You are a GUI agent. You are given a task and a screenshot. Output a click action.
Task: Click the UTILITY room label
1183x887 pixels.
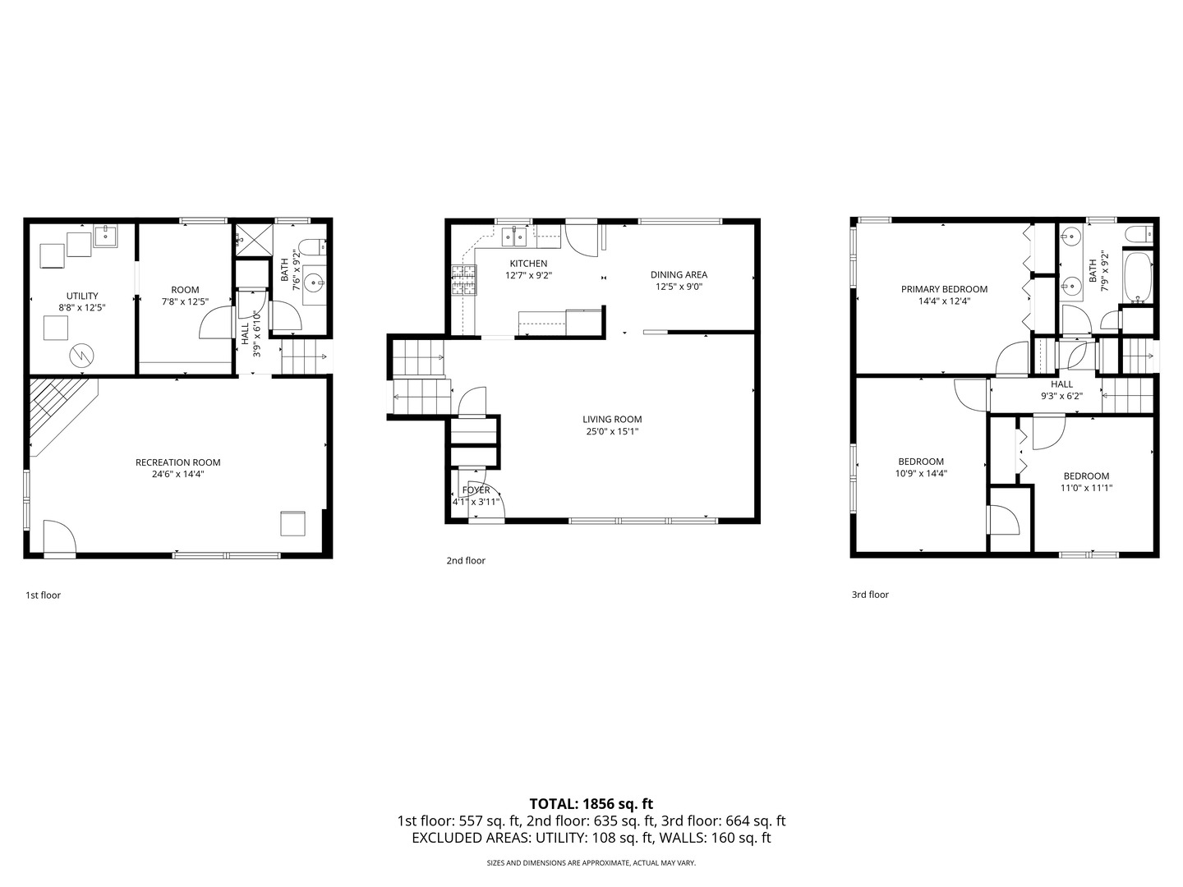click(82, 296)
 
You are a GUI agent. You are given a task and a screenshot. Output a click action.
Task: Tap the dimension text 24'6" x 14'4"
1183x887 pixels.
click(177, 474)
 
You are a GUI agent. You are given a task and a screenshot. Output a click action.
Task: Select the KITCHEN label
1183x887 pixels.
click(528, 264)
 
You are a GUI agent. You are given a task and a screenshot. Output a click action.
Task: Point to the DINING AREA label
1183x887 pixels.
click(679, 275)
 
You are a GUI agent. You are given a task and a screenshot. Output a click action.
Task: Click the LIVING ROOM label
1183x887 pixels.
click(612, 420)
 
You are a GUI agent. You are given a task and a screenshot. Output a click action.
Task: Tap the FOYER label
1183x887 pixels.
click(476, 490)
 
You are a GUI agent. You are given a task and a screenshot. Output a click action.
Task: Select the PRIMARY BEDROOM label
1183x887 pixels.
click(944, 289)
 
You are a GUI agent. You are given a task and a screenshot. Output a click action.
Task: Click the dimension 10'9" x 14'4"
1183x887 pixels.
click(921, 473)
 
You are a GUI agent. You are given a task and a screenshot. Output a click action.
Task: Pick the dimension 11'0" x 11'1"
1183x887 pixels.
click(1086, 488)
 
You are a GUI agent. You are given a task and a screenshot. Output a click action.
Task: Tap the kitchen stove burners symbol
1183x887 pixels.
click(463, 281)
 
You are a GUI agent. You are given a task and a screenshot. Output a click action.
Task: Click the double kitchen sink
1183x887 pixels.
click(514, 237)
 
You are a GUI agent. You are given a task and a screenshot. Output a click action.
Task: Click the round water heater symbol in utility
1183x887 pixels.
click(81, 356)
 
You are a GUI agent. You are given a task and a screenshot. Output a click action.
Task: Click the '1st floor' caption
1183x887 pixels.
click(43, 595)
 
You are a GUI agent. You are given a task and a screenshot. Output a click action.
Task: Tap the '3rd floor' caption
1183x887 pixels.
click(870, 595)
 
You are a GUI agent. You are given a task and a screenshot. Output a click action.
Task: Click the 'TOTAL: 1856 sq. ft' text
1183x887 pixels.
click(591, 804)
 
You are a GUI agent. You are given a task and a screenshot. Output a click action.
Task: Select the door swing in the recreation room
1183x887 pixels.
click(60, 538)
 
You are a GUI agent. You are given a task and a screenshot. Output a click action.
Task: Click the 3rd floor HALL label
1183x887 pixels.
click(1061, 384)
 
